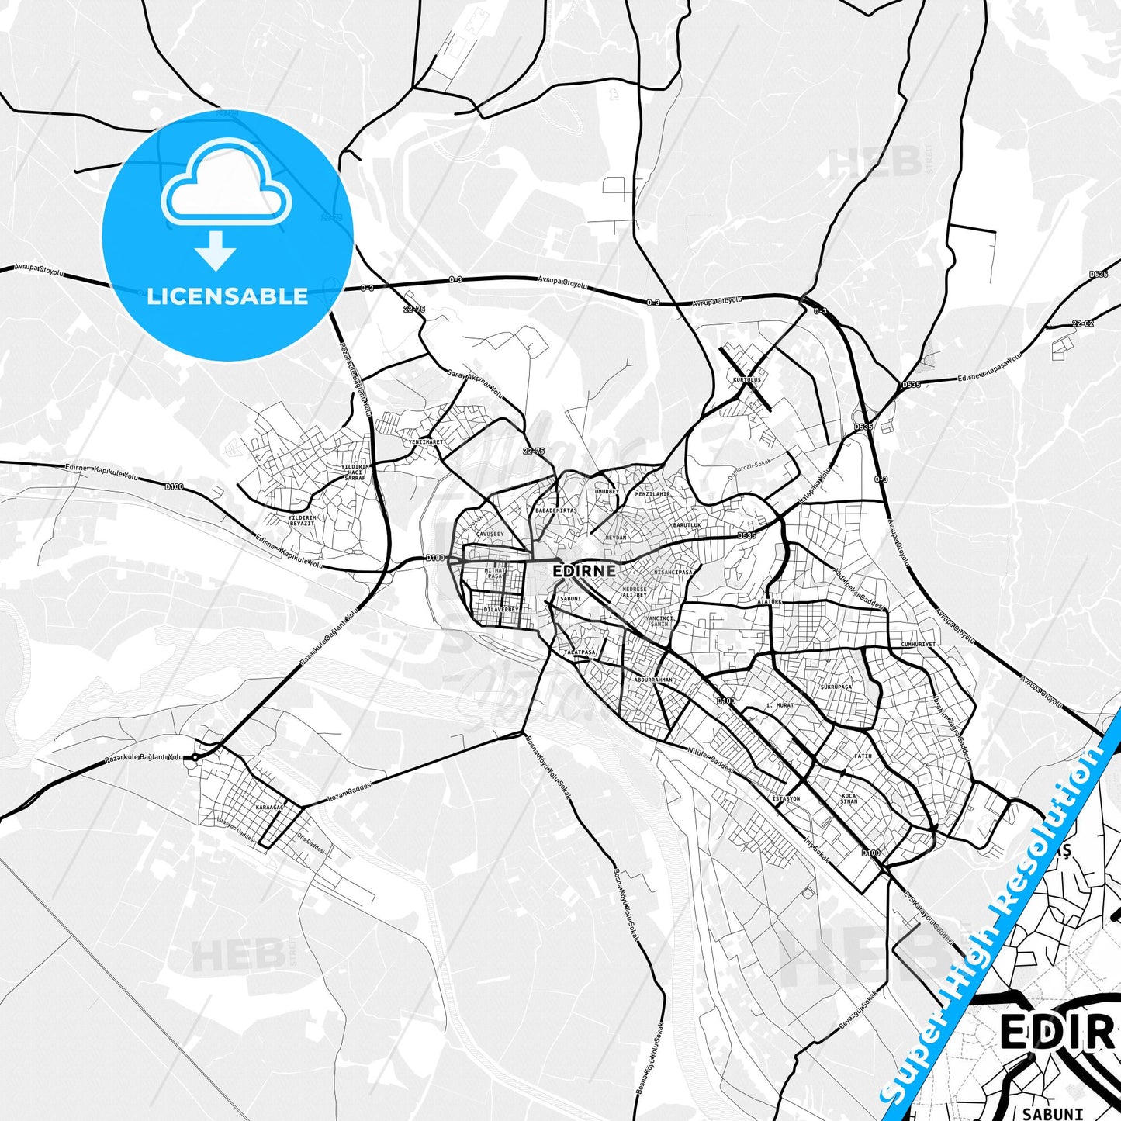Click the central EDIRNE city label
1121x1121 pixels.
tap(584, 571)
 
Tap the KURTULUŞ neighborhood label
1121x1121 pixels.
tap(747, 380)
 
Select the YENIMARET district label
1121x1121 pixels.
tap(425, 442)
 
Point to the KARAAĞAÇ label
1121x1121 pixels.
tap(270, 808)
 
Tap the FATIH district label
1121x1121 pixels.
tap(863, 756)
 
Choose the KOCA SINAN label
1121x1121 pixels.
tap(849, 798)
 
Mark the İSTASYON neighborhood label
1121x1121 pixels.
tap(786, 798)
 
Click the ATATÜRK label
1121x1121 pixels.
tap(770, 601)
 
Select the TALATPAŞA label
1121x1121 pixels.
tap(580, 652)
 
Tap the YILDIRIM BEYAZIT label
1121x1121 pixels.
tap(302, 521)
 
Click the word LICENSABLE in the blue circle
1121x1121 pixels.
tap(227, 296)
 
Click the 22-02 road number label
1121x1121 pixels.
tap(1082, 323)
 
